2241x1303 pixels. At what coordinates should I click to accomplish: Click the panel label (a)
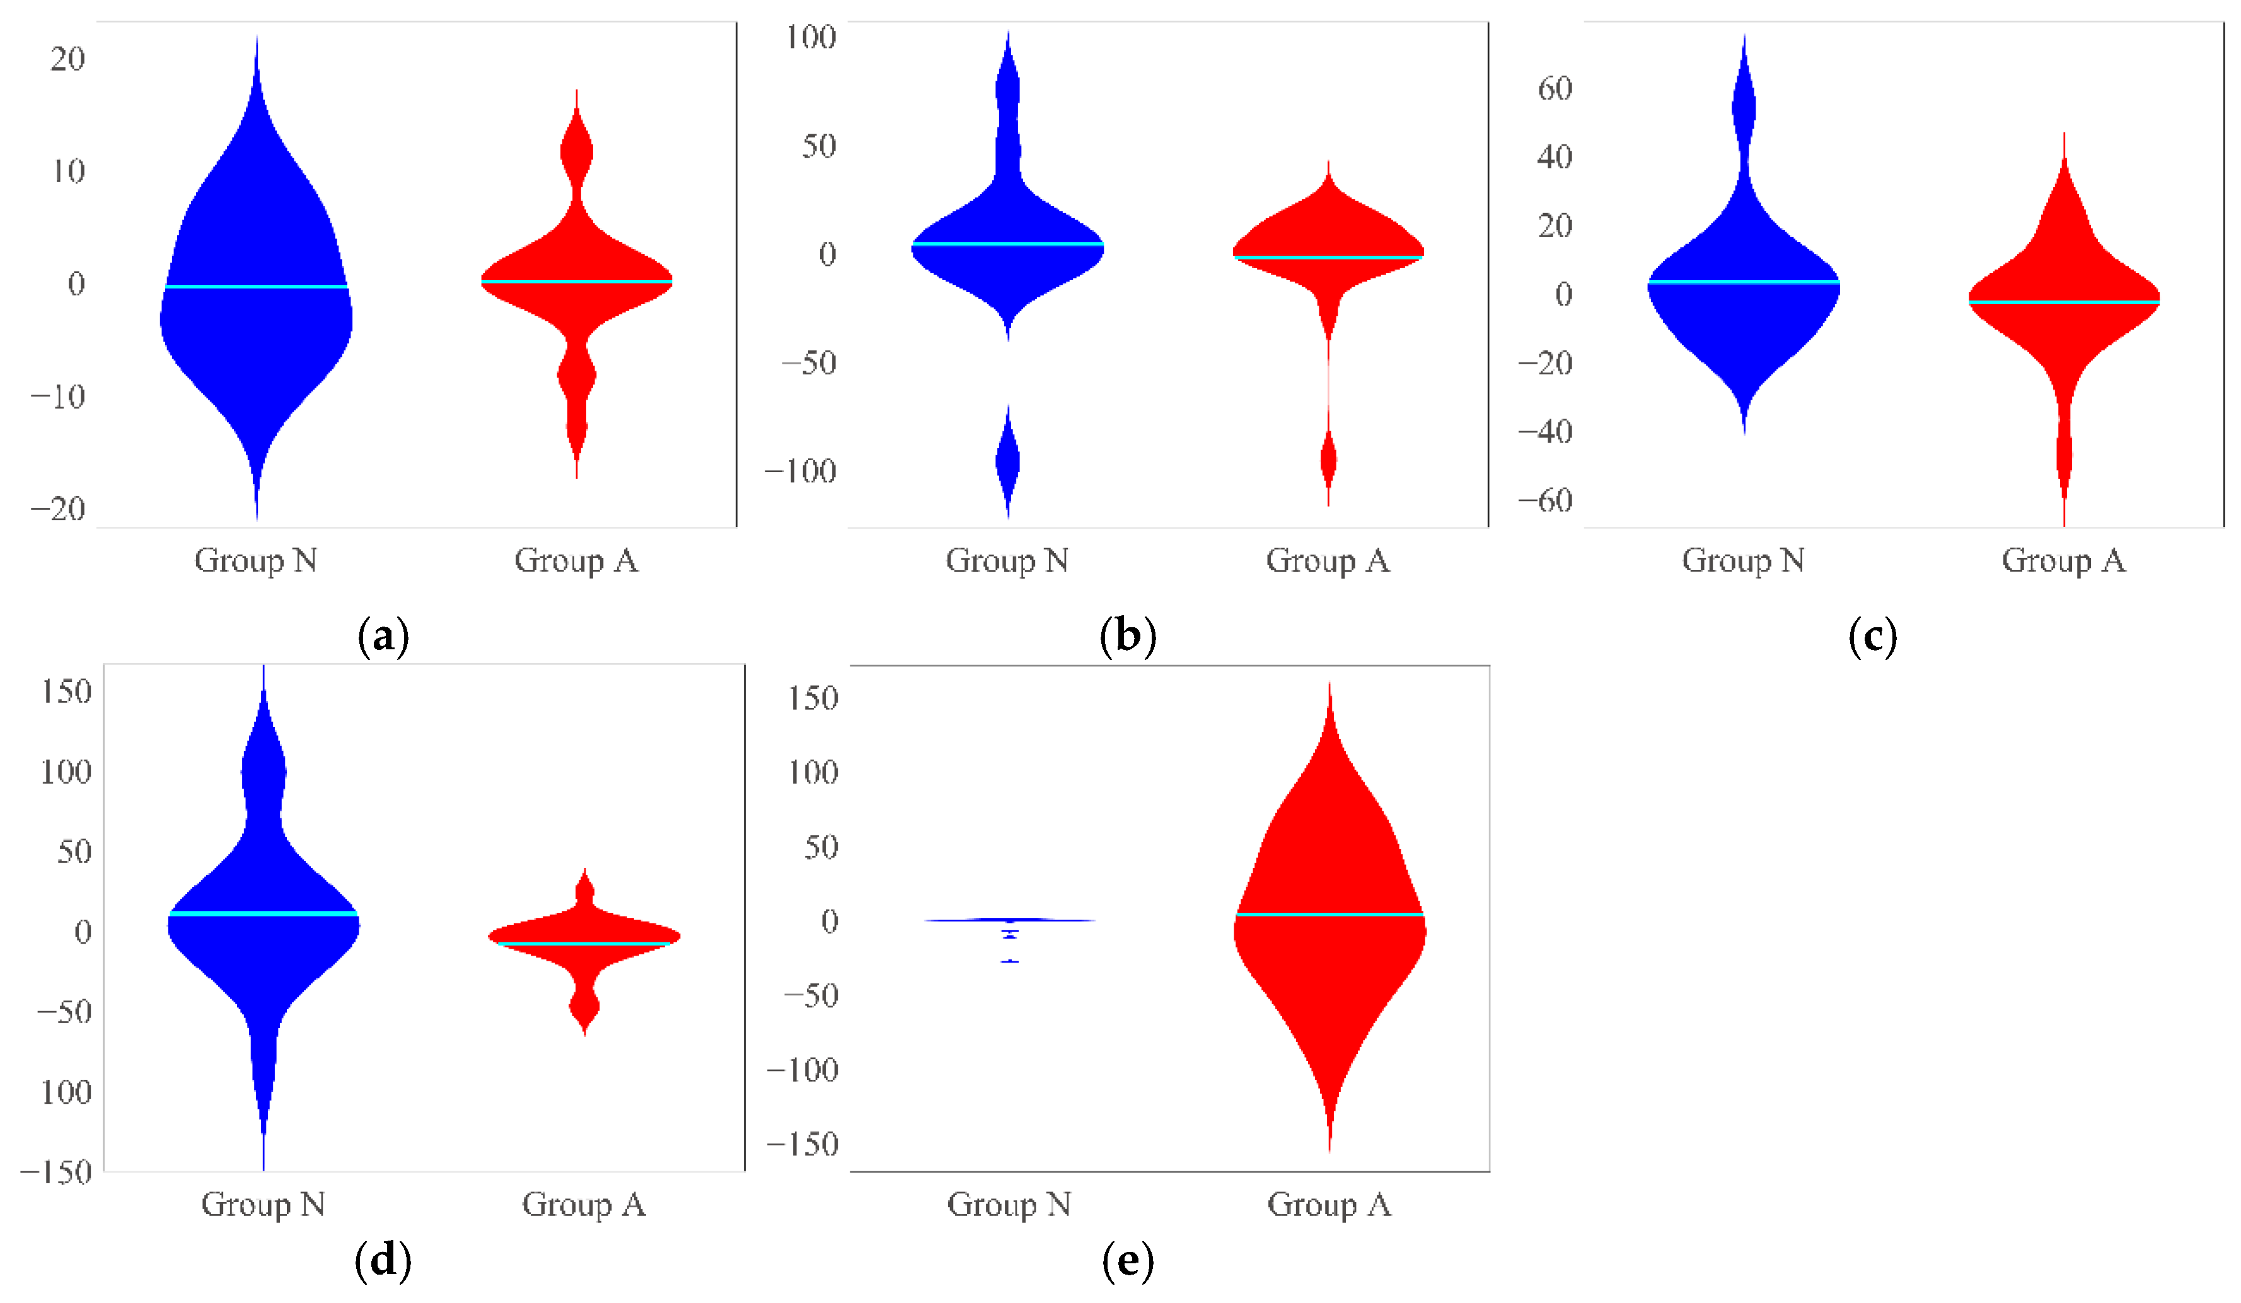click(383, 637)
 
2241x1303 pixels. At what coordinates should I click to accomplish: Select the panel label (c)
click(1872, 637)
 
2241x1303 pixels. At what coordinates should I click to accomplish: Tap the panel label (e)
click(1128, 1261)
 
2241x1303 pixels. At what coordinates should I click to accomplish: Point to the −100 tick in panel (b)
click(801, 472)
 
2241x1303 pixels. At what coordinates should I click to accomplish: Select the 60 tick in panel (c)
click(1555, 89)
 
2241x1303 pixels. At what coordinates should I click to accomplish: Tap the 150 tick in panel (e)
click(813, 698)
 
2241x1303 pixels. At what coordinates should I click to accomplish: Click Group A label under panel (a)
click(576, 560)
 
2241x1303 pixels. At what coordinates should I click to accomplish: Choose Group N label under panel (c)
click(1743, 560)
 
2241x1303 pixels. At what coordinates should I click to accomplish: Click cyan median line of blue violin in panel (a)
click(256, 286)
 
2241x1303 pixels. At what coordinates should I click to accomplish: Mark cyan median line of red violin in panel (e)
click(1329, 914)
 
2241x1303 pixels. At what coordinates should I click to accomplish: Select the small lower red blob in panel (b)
click(1328, 460)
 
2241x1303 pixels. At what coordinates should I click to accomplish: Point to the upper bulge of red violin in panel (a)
click(576, 151)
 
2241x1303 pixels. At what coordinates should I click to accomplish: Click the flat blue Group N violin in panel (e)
click(1009, 920)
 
